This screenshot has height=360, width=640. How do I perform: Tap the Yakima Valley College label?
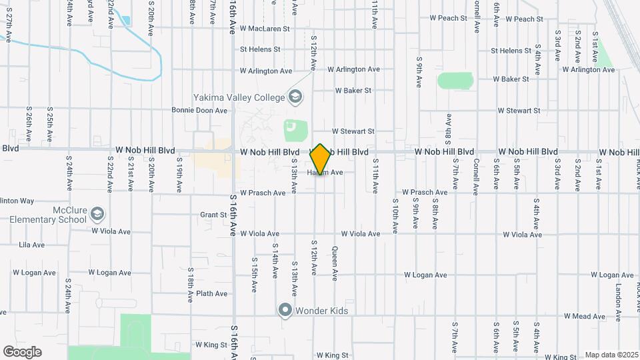pyautogui.click(x=239, y=97)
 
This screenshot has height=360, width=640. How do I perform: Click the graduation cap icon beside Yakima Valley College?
pyautogui.click(x=294, y=97)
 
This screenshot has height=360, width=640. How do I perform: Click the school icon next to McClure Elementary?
pyautogui.click(x=98, y=214)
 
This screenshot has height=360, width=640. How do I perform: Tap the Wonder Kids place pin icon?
pyautogui.click(x=285, y=311)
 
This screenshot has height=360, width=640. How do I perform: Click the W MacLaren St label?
pyautogui.click(x=265, y=29)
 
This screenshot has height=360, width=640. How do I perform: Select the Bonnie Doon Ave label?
pyautogui.click(x=199, y=111)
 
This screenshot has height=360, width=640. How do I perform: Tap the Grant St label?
pyautogui.click(x=213, y=215)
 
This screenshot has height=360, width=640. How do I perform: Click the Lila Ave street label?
pyautogui.click(x=32, y=245)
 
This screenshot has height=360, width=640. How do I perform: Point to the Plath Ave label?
pyautogui.click(x=212, y=293)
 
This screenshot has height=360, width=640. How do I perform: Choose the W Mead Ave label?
pyautogui.click(x=585, y=315)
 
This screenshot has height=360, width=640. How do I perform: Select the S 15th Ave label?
pyautogui.click(x=254, y=274)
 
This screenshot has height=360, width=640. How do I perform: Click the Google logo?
pyautogui.click(x=23, y=352)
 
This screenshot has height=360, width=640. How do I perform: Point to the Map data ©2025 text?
pyautogui.click(x=611, y=355)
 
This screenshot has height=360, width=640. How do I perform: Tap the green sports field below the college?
pyautogui.click(x=290, y=130)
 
